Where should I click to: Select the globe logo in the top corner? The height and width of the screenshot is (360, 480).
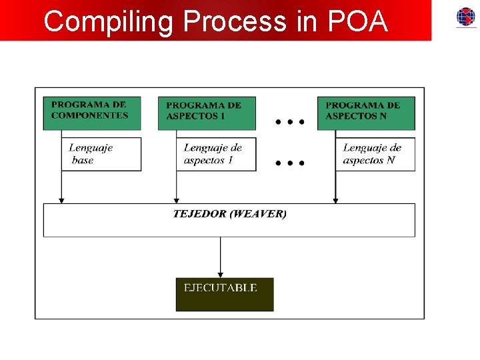pyautogui.click(x=465, y=17)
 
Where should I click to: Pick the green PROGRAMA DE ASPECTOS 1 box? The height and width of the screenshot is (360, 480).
pyautogui.click(x=207, y=113)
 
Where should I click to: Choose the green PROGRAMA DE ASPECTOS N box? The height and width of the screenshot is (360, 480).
pyautogui.click(x=366, y=113)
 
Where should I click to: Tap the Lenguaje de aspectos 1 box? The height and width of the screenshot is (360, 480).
pyautogui.click(x=216, y=154)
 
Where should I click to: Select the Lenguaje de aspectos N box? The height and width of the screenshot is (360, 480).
pyautogui.click(x=375, y=154)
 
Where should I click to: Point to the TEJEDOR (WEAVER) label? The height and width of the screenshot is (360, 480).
pyautogui.click(x=229, y=214)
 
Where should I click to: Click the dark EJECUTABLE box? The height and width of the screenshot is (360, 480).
pyautogui.click(x=225, y=294)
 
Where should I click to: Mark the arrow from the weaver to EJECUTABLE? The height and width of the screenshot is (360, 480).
pyautogui.click(x=221, y=257)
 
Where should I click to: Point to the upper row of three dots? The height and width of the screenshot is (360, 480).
pyautogui.click(x=290, y=122)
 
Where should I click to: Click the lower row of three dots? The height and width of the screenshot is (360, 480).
pyautogui.click(x=290, y=162)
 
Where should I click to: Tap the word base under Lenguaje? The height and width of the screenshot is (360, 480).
pyautogui.click(x=83, y=161)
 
